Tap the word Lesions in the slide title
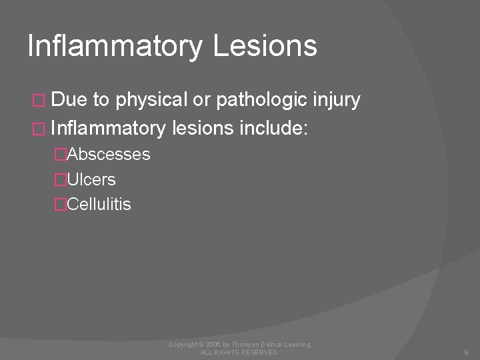point(267,46)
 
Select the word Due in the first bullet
point(70,100)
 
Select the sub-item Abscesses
point(109,155)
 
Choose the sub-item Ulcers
point(91,179)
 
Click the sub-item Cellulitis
point(99,204)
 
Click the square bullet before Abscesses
point(61,155)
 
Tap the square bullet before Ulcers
point(61,180)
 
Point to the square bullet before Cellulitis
point(61,205)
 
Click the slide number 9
point(466,352)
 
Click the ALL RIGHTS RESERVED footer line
point(240,352)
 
